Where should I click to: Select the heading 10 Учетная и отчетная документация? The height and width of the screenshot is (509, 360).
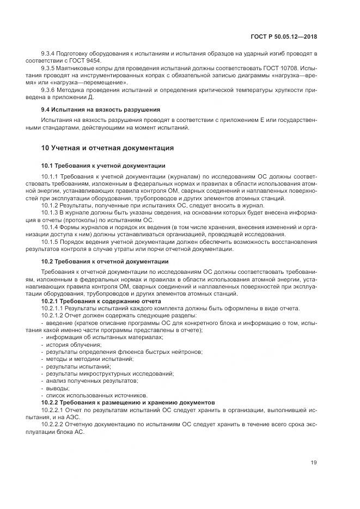107,148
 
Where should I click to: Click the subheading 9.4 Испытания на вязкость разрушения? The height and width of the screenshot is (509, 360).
101,109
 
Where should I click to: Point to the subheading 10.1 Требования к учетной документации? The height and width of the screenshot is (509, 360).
103,165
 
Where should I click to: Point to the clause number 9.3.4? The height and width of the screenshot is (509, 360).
49,53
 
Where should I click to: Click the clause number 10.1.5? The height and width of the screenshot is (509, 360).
51,242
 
